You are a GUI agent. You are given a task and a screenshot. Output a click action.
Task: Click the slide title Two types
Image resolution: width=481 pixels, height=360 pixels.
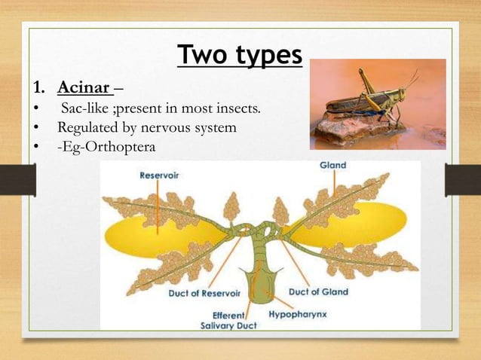[x=240, y=55]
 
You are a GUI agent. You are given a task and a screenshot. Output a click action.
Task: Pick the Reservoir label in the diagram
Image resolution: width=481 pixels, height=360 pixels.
[x=164, y=175]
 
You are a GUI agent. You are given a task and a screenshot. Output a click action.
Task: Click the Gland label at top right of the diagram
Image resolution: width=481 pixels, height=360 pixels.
[x=332, y=165]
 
